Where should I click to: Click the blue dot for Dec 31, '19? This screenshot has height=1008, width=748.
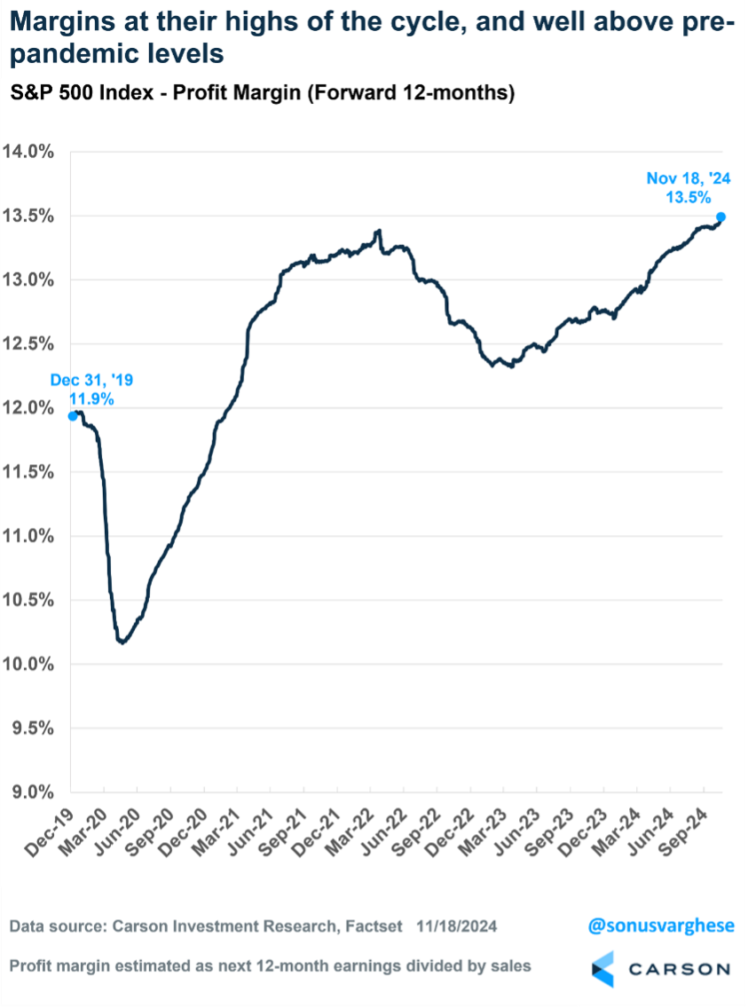point(73,415)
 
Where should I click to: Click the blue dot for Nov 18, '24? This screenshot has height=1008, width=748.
point(720,217)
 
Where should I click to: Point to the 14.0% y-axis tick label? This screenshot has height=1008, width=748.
point(31,152)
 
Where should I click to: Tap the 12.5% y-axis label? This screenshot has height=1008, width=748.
point(31,343)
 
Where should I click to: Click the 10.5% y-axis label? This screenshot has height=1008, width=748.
point(31,600)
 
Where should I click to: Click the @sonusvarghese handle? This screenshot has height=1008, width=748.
point(661,926)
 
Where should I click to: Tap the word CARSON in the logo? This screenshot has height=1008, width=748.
point(680,969)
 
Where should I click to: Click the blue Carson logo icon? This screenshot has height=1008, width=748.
point(603,969)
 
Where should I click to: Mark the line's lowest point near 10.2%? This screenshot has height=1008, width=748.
point(122,642)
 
